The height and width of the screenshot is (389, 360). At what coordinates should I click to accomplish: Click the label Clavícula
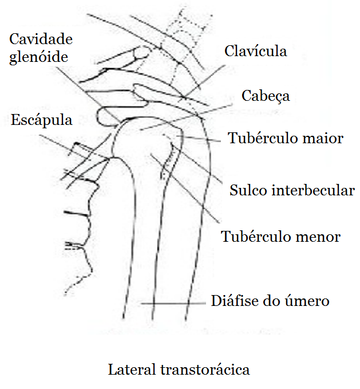pyautogui.click(x=255, y=52)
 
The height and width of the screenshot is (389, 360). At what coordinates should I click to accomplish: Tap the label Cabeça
pyautogui.click(x=265, y=96)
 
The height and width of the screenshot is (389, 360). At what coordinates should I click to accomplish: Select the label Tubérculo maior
pyautogui.click(x=286, y=139)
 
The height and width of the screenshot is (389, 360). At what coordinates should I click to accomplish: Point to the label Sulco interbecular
pyautogui.click(x=292, y=190)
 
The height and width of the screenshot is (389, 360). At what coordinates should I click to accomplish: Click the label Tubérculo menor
pyautogui.click(x=280, y=237)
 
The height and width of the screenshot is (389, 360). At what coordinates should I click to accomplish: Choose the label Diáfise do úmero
pyautogui.click(x=270, y=301)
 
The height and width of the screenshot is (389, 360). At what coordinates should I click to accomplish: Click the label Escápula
pyautogui.click(x=41, y=121)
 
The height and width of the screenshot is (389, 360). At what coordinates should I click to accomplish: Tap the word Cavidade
pyautogui.click(x=41, y=40)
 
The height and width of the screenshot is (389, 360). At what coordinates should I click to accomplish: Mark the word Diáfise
pyautogui.click(x=231, y=301)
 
